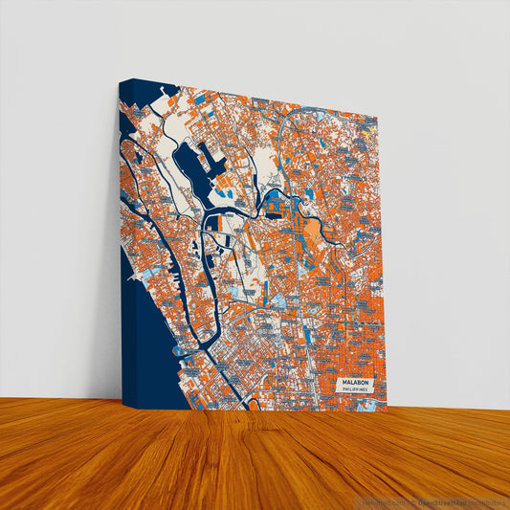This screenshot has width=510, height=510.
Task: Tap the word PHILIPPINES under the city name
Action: pos(355,389)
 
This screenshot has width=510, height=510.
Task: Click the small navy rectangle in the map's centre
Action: pos(218,222)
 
